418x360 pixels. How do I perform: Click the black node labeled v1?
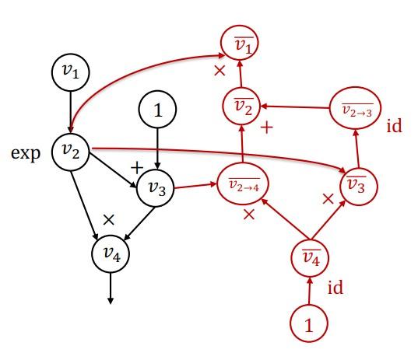(x=71, y=72)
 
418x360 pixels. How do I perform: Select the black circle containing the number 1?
(x=158, y=111)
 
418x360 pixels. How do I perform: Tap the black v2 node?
(x=71, y=151)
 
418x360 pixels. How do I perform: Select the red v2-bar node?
(x=241, y=107)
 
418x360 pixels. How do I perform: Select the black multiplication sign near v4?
(x=109, y=218)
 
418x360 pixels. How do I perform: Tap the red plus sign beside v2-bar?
(x=267, y=127)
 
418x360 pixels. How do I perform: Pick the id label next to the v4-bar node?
(x=335, y=288)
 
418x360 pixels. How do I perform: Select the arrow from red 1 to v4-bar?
(x=310, y=292)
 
